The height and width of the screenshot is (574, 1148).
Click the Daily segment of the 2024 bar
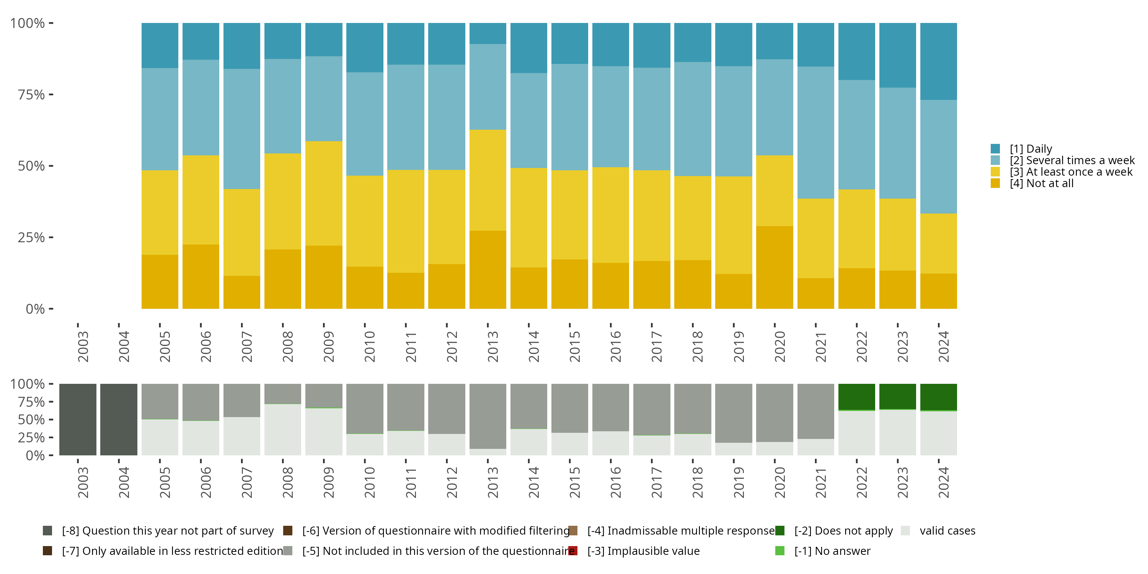[x=938, y=61]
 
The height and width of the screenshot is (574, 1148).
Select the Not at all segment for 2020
[x=775, y=267]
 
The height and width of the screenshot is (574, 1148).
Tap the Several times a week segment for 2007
[x=241, y=129]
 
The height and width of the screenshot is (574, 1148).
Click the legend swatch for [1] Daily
[x=995, y=149]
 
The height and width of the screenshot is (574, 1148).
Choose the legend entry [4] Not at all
[x=1041, y=184]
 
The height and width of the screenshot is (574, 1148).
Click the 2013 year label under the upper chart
[x=492, y=346]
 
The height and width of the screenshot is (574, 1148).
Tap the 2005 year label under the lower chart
[x=165, y=482]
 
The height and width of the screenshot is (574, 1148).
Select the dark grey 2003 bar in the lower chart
[x=78, y=419]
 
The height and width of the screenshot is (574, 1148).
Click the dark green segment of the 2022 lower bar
[x=856, y=396]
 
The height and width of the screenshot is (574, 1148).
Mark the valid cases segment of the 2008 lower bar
[x=282, y=430]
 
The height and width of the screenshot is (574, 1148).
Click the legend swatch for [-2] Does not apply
[x=780, y=531]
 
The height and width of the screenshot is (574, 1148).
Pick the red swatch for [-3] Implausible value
[x=573, y=551]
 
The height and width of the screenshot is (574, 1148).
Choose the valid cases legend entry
[x=947, y=531]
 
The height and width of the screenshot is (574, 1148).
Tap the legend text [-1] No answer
[x=832, y=551]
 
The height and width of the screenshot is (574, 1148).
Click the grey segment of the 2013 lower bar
[x=488, y=416]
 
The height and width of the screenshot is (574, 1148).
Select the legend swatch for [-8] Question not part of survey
[x=47, y=531]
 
